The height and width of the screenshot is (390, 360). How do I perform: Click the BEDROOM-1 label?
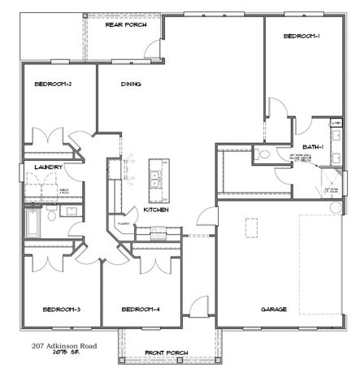pyautogui.click(x=301, y=37)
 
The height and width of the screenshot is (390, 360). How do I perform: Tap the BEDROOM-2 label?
pyautogui.click(x=54, y=84)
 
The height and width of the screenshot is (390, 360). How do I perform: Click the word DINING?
pyautogui.click(x=131, y=84)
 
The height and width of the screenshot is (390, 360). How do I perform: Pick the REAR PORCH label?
pyautogui.click(x=126, y=25)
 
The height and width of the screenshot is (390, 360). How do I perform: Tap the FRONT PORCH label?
pyautogui.click(x=166, y=352)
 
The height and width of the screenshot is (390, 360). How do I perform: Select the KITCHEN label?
pyautogui.click(x=155, y=210)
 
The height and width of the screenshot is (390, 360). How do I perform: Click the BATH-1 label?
pyautogui.click(x=315, y=146)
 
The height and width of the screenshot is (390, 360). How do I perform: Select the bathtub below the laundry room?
pyautogui.click(x=33, y=222)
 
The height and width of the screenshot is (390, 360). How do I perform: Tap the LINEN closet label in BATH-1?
pyautogui.click(x=335, y=123)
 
